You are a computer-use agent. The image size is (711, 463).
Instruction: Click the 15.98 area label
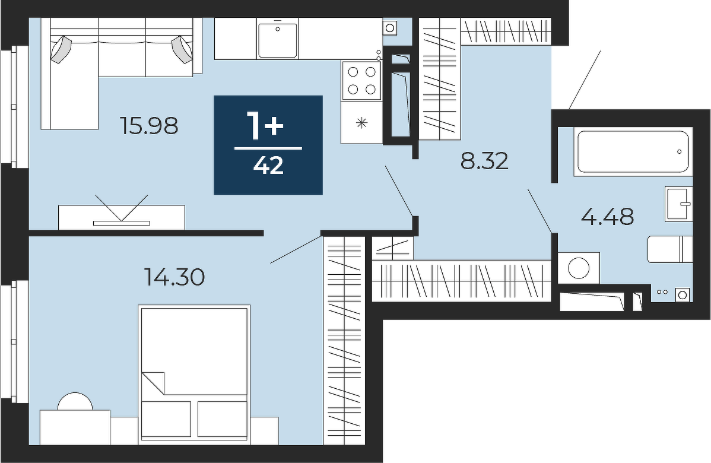click(149, 126)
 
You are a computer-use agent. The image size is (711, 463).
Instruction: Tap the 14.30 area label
click(174, 277)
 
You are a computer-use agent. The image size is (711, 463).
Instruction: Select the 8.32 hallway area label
click(484, 160)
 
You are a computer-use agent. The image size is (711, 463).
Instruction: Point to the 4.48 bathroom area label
click(607, 216)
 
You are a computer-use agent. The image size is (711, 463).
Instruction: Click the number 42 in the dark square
click(268, 166)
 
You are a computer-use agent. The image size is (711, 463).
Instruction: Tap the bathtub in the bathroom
click(633, 151)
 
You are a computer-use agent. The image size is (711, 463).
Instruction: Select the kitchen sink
click(278, 41)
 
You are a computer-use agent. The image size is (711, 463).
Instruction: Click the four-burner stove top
click(361, 80)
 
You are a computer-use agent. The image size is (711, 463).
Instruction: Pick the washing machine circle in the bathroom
click(579, 268)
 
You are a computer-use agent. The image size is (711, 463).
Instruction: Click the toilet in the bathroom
click(669, 249)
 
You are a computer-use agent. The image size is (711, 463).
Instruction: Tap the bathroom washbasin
click(679, 204)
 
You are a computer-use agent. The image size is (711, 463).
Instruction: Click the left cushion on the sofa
click(61, 49)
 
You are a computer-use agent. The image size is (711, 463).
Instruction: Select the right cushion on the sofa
click(183, 49)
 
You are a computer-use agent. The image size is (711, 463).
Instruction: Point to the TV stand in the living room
click(122, 217)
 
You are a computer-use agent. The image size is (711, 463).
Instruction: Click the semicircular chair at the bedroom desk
click(75, 401)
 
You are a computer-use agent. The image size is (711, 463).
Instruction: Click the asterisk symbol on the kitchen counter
click(362, 122)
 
